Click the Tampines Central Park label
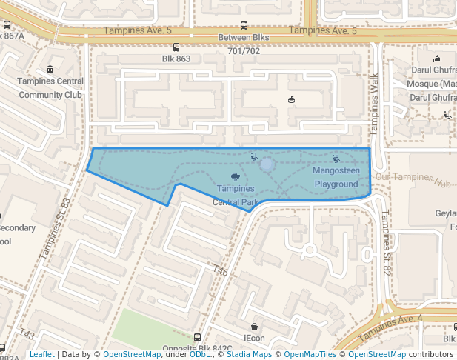(236, 195)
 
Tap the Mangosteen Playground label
(336, 177)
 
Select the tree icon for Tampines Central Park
(235, 176)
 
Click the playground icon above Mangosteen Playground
(336, 158)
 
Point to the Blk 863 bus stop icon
(176, 47)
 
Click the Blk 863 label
(176, 59)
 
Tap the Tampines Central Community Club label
(50, 88)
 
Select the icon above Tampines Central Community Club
(50, 70)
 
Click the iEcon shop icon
(254, 326)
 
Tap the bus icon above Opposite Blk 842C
(196, 337)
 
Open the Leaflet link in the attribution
(41, 354)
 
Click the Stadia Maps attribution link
(250, 354)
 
